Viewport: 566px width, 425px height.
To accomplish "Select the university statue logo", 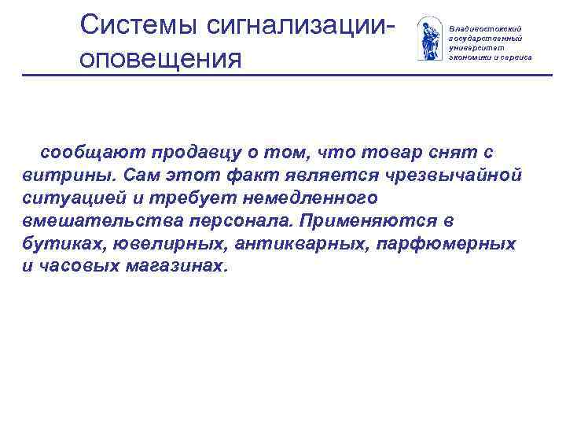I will (x=428, y=39).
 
